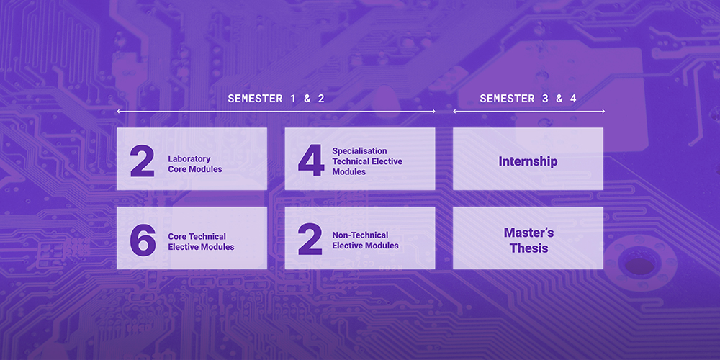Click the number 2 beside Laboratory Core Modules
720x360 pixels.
pos(142,161)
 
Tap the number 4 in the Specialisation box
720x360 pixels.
pos(311,161)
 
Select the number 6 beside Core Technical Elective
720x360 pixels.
pos(143,240)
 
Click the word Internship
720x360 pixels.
pos(528,161)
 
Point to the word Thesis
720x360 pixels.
pos(528,248)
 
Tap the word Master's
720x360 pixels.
pos(528,233)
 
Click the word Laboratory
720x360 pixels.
pos(189,159)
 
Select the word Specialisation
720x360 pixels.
pos(359,151)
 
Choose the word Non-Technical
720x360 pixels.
pos(360,235)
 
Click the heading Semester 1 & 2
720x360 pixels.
pos(276,99)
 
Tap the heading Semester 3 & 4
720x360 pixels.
pos(528,99)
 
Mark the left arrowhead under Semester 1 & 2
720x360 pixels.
pos(119,112)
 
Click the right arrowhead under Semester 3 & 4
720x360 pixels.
pos(603,112)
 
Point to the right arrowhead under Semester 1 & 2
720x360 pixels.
pos(433,112)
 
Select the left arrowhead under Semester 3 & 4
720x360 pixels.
pos(455,112)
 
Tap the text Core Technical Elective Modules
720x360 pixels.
pos(201,241)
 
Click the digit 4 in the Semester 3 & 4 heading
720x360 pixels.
pos(573,99)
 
